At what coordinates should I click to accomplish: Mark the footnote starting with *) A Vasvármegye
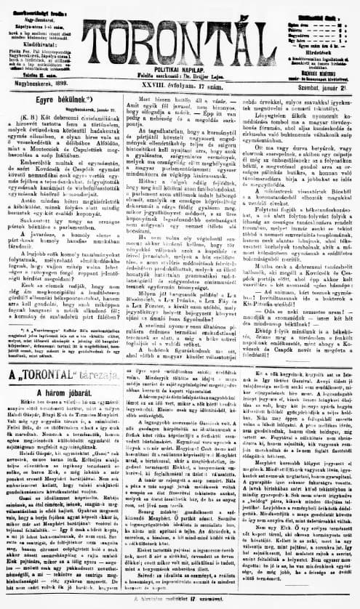pyautogui.click(x=58, y=335)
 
